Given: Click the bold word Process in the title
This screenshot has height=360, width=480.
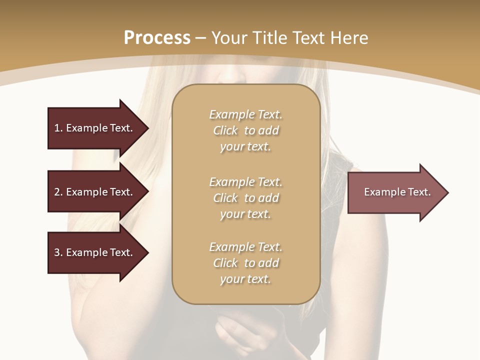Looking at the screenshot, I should (x=157, y=38).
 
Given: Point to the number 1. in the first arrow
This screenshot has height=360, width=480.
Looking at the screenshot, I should (x=58, y=128).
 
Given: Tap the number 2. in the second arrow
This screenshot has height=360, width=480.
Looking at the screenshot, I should (x=58, y=192).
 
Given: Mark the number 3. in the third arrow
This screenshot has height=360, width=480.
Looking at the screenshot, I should (x=58, y=252).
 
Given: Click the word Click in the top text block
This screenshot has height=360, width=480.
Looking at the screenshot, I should (x=225, y=130).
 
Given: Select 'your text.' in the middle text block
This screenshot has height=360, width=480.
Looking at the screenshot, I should (x=245, y=214).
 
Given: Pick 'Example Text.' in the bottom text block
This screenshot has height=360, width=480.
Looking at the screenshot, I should (x=245, y=247).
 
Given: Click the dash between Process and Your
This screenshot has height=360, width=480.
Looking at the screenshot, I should (x=201, y=38).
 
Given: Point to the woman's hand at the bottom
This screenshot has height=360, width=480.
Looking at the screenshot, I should (x=240, y=332).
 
